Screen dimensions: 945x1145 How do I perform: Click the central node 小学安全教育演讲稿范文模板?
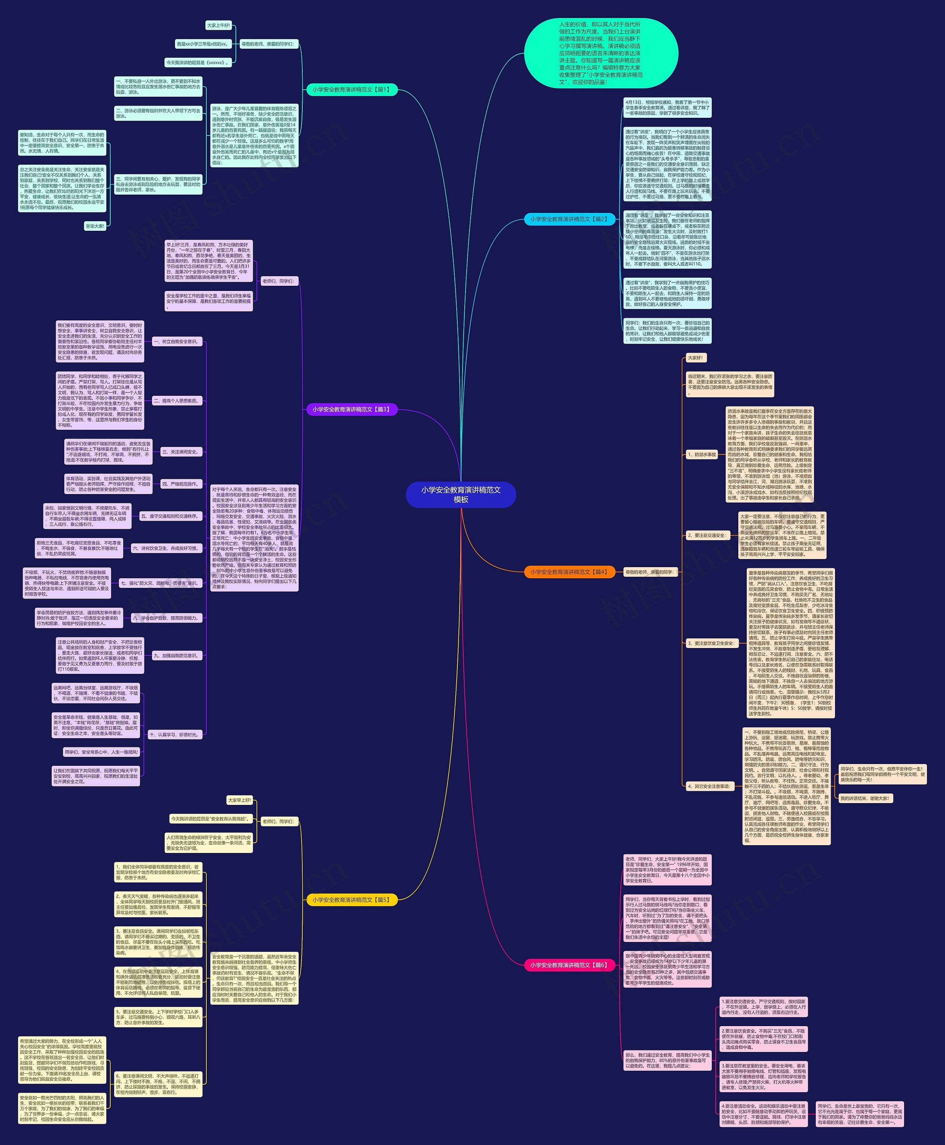coord(461,494)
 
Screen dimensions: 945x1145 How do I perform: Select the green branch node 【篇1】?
coord(352,89)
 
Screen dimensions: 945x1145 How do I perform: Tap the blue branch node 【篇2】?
coord(569,219)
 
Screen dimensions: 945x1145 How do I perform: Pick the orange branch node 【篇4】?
coord(569,572)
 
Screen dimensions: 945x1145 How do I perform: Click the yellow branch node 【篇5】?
coord(352,900)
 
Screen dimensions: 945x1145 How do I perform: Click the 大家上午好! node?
coord(218,25)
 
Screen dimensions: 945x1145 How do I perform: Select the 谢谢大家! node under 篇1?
coord(95,226)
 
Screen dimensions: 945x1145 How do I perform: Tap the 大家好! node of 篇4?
coord(695,358)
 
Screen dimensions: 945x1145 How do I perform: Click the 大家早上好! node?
coord(240,800)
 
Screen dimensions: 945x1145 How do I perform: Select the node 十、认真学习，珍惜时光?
coord(174,734)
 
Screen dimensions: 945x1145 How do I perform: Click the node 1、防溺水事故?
coord(702,454)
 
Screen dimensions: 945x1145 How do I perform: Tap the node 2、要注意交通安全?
coord(707,535)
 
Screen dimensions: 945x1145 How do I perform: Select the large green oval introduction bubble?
coord(601,54)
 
